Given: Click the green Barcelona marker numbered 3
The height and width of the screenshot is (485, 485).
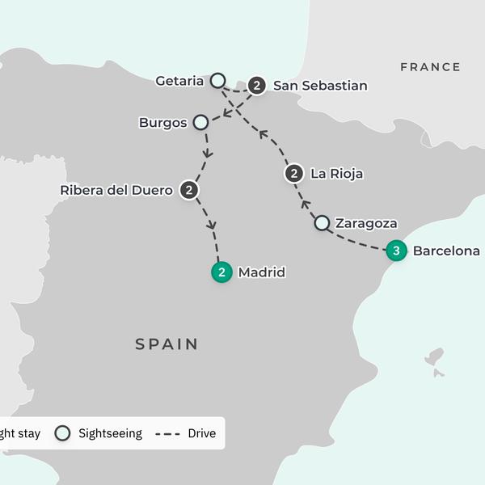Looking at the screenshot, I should point(396,251).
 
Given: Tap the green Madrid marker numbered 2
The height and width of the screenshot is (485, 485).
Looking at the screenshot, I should point(221,272).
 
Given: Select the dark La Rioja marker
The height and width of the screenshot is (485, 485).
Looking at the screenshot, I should point(294,173).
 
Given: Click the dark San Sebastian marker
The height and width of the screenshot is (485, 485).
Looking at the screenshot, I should point(257,85).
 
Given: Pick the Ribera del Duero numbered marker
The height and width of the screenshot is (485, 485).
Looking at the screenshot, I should point(189,190).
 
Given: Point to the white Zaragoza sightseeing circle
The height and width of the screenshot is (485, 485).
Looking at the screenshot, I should point(322,222).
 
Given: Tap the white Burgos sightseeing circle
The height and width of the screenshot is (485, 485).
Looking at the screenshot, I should point(200,123).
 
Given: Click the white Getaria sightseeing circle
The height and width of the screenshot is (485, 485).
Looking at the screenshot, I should point(217,80).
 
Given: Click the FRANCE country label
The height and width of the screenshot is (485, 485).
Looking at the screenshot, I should point(430,67).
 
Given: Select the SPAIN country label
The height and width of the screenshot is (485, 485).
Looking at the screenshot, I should point(167,344).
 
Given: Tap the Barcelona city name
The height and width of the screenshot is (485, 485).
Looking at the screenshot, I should point(446,251).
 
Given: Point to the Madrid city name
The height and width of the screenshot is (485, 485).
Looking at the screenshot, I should point(261,272).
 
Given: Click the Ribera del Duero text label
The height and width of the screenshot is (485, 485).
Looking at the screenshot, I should point(116,191).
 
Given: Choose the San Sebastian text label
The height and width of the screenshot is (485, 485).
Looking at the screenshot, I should point(320,85).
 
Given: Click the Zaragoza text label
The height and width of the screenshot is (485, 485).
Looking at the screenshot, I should point(366,223).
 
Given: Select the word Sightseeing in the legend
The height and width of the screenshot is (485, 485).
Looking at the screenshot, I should point(110,433).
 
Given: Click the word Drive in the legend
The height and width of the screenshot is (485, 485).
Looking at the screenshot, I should point(201,433).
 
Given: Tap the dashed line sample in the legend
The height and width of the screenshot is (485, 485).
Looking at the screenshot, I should point(167,434).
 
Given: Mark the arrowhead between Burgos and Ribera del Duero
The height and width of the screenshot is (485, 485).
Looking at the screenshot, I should point(208,153).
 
